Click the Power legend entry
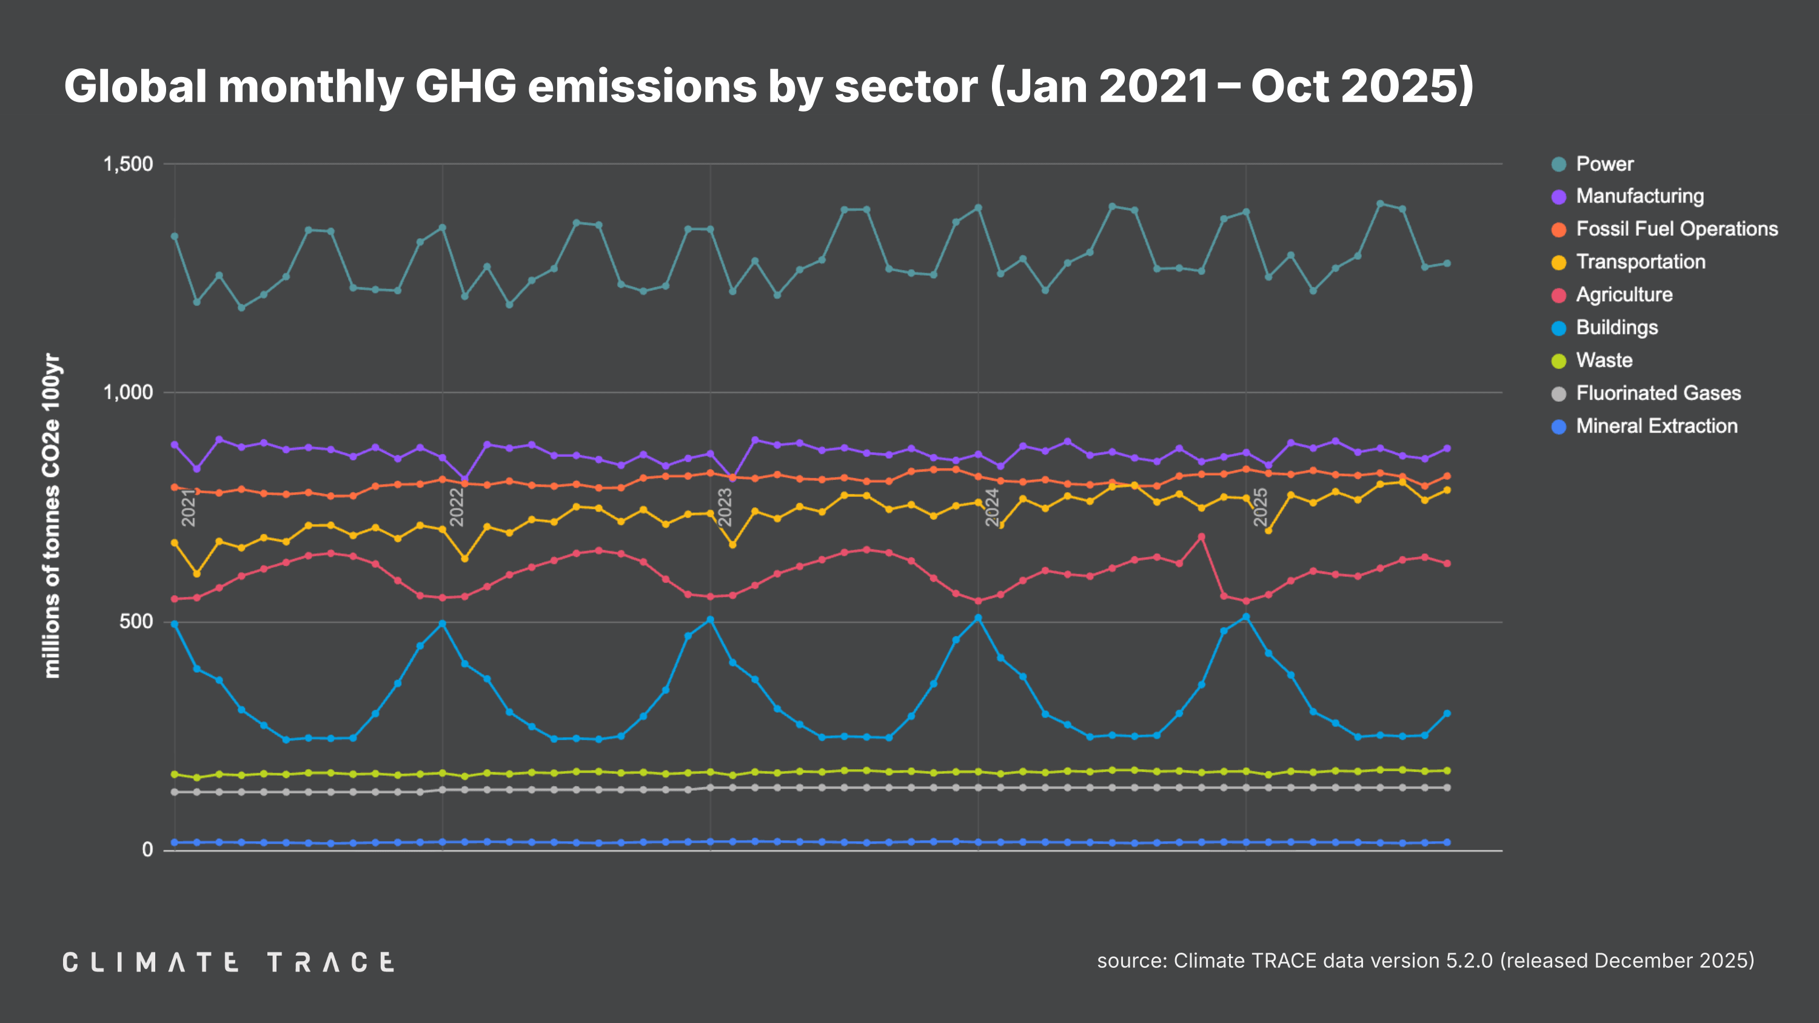(1604, 164)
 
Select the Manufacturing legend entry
(1639, 196)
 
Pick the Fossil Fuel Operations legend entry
(1676, 228)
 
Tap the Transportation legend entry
(1640, 262)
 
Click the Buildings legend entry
(1616, 328)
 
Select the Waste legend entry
(1604, 360)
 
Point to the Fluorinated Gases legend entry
(1657, 393)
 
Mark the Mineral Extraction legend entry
(1656, 425)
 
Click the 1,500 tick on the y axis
(128, 164)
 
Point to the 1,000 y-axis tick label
(128, 393)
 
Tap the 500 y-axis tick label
(136, 621)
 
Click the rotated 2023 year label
(725, 507)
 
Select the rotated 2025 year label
(1261, 507)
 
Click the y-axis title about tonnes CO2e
(52, 515)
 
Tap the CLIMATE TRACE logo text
(228, 962)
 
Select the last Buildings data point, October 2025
(1447, 714)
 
